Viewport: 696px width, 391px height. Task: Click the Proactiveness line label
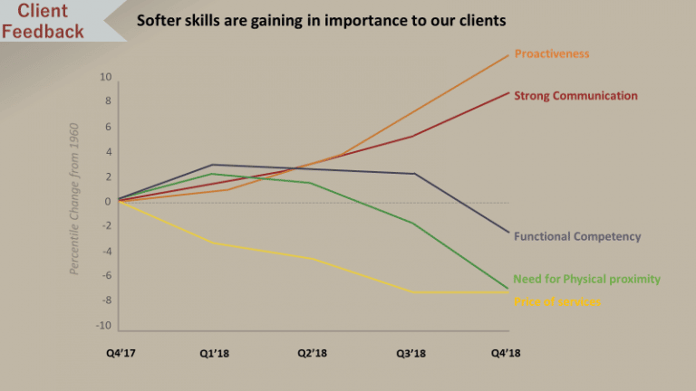click(551, 53)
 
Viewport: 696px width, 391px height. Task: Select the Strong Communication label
click(575, 96)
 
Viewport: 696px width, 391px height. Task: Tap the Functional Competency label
click(577, 236)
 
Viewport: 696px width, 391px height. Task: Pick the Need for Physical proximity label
click(586, 279)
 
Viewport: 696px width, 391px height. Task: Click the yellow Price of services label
click(556, 301)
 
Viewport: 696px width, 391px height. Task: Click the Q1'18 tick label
click(216, 352)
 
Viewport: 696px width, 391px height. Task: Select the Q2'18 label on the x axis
click(313, 352)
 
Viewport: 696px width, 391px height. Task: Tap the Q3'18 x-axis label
click(411, 352)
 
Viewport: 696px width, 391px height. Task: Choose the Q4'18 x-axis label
click(507, 352)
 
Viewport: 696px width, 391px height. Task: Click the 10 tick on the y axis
click(106, 78)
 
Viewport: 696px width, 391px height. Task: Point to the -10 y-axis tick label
click(104, 326)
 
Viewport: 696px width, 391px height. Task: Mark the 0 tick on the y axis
click(108, 202)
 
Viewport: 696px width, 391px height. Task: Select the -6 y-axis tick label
click(106, 276)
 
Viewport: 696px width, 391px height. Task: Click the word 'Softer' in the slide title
click(159, 19)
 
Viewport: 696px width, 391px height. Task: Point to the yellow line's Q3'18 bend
click(412, 291)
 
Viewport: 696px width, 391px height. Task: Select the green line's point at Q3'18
click(412, 223)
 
